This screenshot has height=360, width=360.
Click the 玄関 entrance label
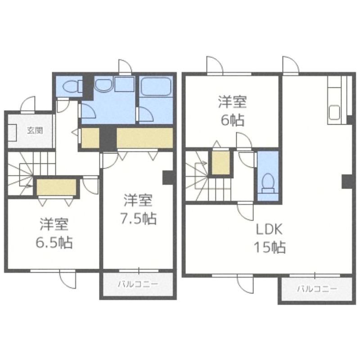point(35,130)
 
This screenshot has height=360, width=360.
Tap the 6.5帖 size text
point(54,243)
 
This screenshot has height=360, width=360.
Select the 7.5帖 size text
point(139,218)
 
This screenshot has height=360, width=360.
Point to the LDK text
point(269,229)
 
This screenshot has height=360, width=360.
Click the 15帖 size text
point(270,247)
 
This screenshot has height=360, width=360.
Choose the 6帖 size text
point(232,120)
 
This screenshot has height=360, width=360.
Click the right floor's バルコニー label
point(317,289)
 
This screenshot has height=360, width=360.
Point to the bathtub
point(156,86)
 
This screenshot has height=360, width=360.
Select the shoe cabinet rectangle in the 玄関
point(13,133)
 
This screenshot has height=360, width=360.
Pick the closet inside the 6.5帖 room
point(56,187)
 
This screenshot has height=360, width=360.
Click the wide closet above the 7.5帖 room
point(145,138)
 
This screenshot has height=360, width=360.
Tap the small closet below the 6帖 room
point(220,162)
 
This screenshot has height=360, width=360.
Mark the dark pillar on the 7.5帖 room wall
point(168,177)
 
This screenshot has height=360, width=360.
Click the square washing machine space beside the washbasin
point(125,85)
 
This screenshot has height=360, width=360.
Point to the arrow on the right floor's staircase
point(201,163)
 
